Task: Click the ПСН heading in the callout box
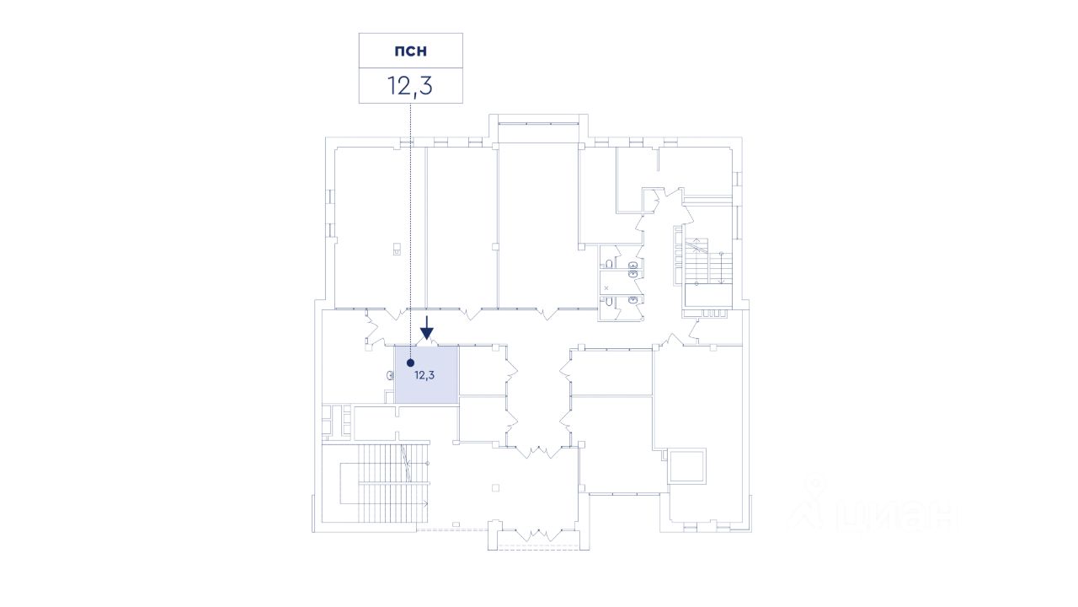410,51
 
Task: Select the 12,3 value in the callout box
410,85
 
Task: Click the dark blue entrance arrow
427,327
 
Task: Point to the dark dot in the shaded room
410,363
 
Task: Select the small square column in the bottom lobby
496,487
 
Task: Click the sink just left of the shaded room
390,377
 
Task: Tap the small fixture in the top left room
396,249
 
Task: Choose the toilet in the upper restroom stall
632,266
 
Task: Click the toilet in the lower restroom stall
632,300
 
